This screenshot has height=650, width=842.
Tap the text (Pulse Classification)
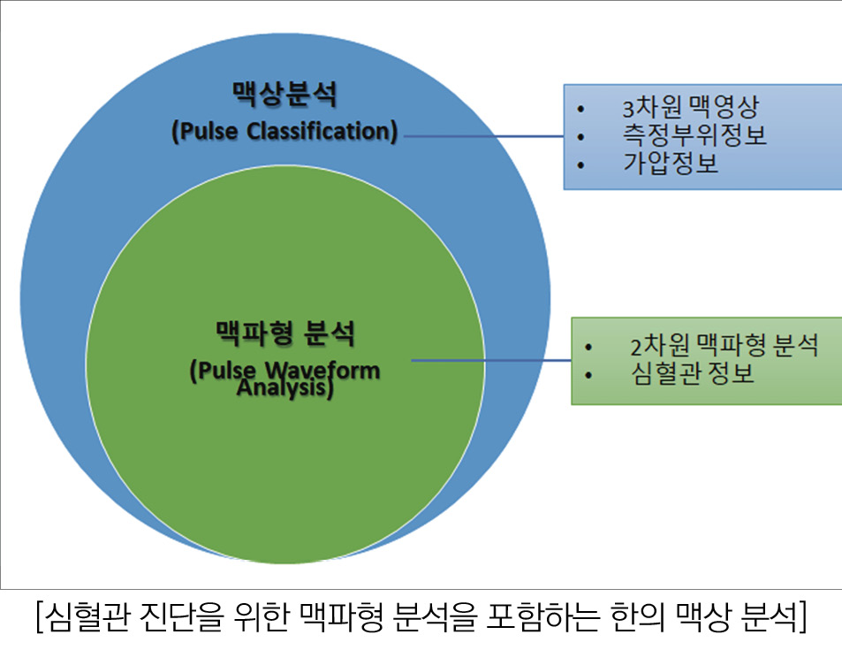284,131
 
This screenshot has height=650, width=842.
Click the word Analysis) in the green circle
284,388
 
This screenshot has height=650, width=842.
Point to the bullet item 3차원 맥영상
691,109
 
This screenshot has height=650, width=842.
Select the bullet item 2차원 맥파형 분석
724,345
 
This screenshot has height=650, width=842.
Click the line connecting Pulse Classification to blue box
482,136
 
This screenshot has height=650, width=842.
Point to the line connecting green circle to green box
491,360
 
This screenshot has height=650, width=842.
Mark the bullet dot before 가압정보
580,164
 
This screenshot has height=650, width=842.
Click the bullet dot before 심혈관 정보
588,374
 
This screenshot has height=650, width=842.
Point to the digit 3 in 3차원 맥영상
628,110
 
